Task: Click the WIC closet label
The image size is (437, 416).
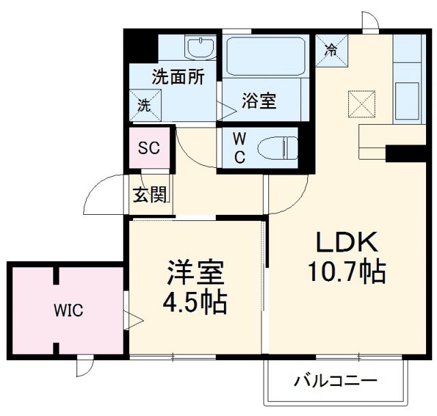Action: [x=69, y=312]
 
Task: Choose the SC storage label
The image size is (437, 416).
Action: [x=150, y=147]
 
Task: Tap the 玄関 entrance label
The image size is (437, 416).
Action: [x=150, y=196]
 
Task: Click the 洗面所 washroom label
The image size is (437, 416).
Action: [x=178, y=77]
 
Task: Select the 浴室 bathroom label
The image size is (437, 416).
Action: [x=259, y=102]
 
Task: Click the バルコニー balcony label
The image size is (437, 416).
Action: [x=335, y=380]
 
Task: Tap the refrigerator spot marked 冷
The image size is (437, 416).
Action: [x=331, y=48]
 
